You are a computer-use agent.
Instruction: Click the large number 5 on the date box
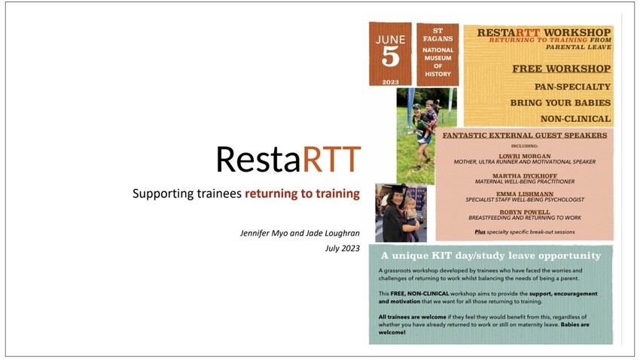[390, 56]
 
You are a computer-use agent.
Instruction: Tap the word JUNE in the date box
[391, 40]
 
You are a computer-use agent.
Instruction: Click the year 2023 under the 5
[390, 82]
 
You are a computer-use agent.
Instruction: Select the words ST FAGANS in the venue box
[437, 35]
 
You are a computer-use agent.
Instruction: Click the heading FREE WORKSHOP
[562, 69]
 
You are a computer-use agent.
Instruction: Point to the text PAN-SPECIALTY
[573, 87]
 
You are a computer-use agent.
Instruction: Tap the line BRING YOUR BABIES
[560, 103]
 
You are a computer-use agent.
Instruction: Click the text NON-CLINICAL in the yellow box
[575, 119]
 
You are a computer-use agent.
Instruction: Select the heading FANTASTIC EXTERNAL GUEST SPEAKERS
[525, 135]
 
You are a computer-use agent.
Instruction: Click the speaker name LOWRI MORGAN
[525, 156]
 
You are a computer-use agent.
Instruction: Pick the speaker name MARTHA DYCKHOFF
[525, 176]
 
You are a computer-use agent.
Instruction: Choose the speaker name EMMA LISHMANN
[525, 194]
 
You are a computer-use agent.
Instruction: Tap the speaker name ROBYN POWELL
[525, 212]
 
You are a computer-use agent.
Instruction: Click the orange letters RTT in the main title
[331, 159]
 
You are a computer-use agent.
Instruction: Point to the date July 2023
[343, 249]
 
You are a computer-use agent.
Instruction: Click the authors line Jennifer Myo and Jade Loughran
[300, 233]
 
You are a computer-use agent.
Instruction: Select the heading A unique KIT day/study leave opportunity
[491, 256]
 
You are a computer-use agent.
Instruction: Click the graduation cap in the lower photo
[396, 188]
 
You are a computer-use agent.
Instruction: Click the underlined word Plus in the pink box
[480, 232]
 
